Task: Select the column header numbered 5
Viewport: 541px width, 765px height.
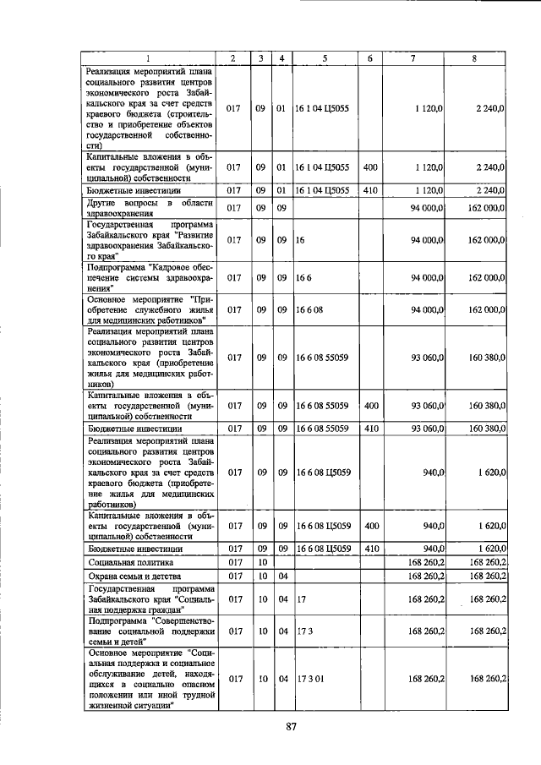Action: coord(325,57)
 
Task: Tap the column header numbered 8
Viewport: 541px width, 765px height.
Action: coord(475,57)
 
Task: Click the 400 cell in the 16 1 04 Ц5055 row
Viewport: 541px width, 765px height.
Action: coord(369,167)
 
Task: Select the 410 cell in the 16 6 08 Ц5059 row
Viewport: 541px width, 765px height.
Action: coord(369,548)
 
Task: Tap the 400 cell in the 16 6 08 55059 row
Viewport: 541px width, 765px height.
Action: coord(369,406)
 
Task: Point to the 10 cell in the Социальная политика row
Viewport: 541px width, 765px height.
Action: coord(262,561)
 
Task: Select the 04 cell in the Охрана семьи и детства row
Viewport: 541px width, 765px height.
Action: coord(281,576)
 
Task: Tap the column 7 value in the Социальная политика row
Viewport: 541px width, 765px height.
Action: coord(426,561)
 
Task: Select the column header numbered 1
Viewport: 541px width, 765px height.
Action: coord(148,57)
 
